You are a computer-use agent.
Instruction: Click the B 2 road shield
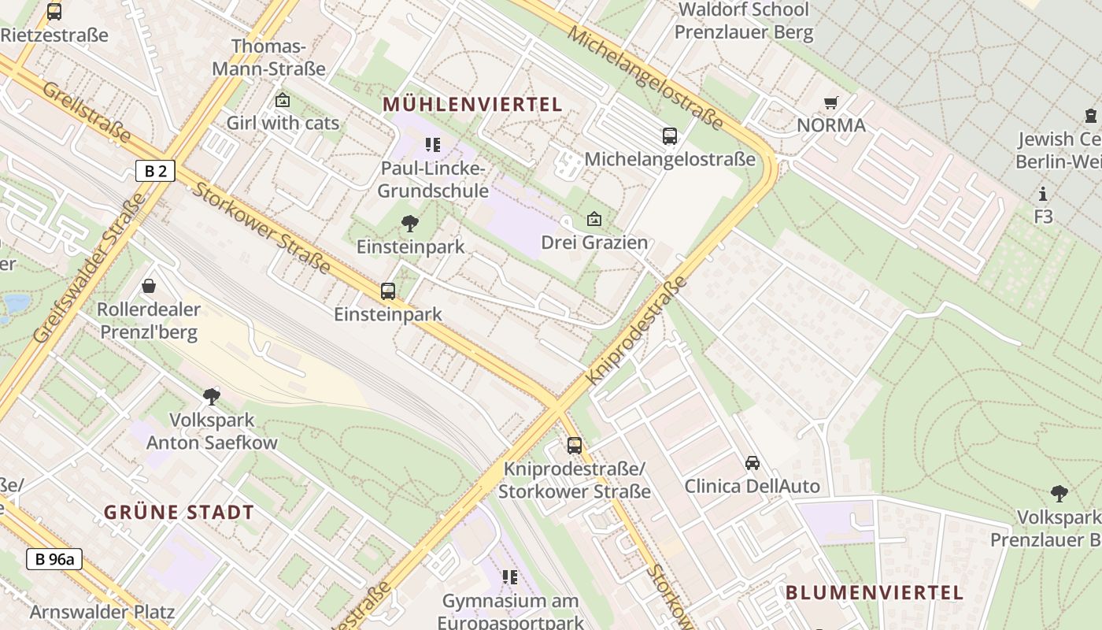point(155,171)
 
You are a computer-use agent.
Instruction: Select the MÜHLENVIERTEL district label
point(472,104)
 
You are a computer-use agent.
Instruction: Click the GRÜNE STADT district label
point(179,512)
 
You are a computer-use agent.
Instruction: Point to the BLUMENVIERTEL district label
point(875,592)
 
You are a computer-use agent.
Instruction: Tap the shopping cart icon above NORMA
point(830,102)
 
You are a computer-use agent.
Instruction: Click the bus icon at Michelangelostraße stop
point(669,136)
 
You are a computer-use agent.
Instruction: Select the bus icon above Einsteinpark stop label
point(388,291)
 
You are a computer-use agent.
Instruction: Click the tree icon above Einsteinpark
point(409,224)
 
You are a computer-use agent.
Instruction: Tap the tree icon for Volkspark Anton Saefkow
point(211,396)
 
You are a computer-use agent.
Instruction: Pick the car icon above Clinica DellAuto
point(753,463)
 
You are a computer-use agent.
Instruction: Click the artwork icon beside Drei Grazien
point(594,219)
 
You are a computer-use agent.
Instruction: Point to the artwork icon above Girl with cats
point(283,100)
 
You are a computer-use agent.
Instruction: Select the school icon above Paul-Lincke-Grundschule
point(432,144)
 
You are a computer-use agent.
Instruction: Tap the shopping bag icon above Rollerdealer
point(149,286)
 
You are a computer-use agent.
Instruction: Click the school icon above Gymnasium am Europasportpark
point(510,577)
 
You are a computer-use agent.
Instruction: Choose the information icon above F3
point(1043,194)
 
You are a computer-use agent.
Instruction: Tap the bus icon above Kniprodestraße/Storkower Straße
point(575,446)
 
